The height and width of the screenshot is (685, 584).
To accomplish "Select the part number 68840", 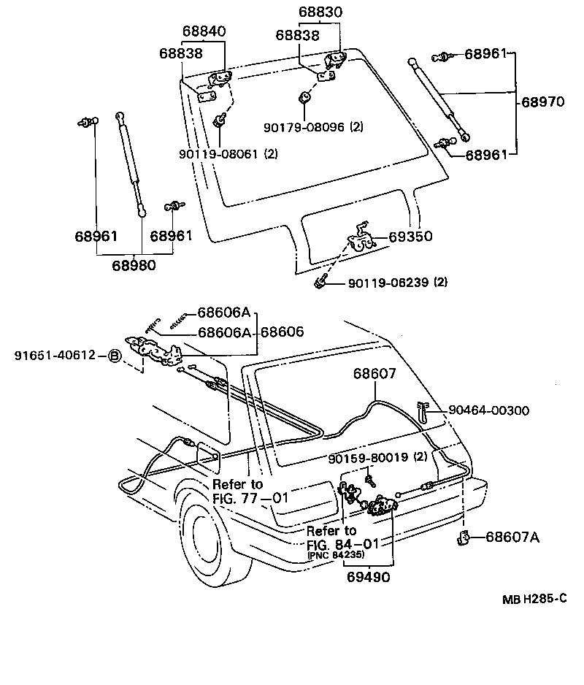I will [204, 31].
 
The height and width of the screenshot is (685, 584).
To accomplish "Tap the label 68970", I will [542, 103].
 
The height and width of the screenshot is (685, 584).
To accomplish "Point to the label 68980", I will [134, 265].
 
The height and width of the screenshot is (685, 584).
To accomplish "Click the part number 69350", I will [410, 237].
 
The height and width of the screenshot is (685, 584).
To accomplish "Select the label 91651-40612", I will [55, 356].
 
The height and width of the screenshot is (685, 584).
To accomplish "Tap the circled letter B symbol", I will [114, 356].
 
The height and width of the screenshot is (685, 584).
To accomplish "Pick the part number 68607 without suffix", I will [374, 373].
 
